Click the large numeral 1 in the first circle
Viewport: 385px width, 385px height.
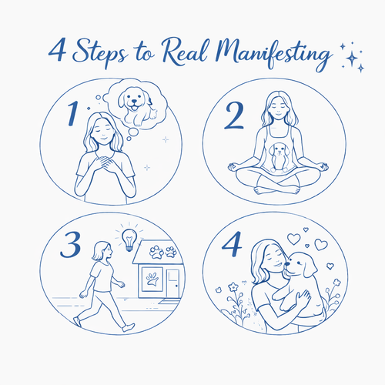pyautogui.click(x=73, y=113)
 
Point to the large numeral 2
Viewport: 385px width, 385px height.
pyautogui.click(x=234, y=115)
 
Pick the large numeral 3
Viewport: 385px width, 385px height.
pyautogui.click(x=71, y=245)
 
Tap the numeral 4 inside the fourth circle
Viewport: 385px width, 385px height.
pyautogui.click(x=232, y=244)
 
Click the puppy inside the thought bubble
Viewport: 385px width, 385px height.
pyautogui.click(x=137, y=105)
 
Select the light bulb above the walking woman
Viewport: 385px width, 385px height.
pyautogui.click(x=129, y=239)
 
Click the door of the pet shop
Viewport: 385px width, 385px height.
pyautogui.click(x=172, y=283)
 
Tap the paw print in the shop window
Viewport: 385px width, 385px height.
pyautogui.click(x=152, y=279)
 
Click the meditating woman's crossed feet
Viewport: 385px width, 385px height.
pyautogui.click(x=276, y=189)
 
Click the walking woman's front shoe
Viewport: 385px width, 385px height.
pyautogui.click(x=129, y=327)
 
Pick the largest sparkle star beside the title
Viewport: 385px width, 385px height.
pyautogui.click(x=352, y=59)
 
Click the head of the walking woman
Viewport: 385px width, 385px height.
pyautogui.click(x=102, y=250)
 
